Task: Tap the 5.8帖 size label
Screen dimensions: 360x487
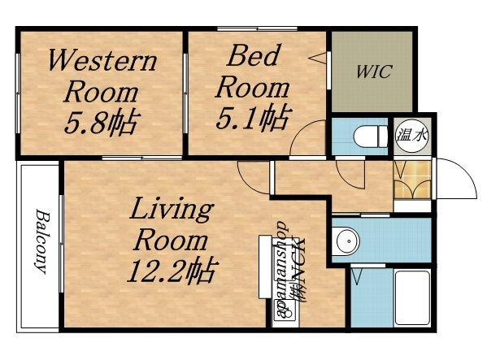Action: click(102, 123)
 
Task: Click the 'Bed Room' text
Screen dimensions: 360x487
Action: click(253, 71)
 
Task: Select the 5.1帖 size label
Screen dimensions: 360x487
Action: click(252, 119)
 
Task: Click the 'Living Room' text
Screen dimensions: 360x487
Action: click(172, 225)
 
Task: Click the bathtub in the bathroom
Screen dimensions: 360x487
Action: click(411, 298)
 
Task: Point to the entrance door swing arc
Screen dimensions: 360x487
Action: click(458, 174)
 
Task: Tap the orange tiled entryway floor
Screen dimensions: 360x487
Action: click(411, 180)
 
